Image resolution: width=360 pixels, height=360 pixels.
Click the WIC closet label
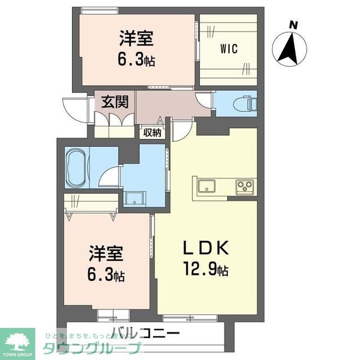point(228,49)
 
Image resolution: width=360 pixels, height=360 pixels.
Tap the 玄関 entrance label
point(115,102)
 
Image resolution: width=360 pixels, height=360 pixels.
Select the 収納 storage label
point(151,133)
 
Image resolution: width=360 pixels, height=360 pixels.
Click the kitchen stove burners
point(245,185)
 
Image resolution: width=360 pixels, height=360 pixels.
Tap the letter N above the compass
point(292,24)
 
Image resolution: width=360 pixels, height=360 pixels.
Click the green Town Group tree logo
point(17,341)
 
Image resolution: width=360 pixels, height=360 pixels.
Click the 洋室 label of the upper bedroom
point(136,40)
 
